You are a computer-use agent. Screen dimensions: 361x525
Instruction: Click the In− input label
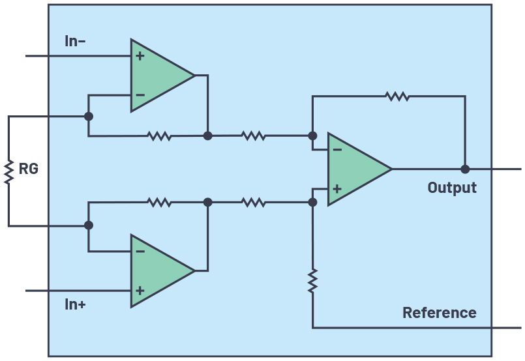coord(76,41)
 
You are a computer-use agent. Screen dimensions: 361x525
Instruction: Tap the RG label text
coord(29,170)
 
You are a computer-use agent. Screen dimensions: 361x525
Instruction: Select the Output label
coord(452,188)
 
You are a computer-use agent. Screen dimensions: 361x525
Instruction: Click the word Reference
coord(439,313)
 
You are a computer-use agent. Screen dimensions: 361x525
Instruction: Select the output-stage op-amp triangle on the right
coord(356,169)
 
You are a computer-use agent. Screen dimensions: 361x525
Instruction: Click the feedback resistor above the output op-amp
coord(397,96)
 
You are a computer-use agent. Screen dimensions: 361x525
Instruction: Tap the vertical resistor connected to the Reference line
coord(313,280)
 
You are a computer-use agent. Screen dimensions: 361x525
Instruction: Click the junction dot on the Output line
coord(465,169)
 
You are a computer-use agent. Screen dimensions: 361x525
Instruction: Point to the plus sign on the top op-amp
coord(140,56)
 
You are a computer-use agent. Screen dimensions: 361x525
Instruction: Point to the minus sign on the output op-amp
coord(337,150)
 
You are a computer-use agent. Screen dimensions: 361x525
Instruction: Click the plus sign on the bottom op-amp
coord(140,290)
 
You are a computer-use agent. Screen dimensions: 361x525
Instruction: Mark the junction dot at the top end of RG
coord(89,117)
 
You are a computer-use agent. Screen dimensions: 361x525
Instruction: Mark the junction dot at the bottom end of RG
coord(89,225)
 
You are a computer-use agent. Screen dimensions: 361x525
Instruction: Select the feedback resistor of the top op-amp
coord(159,136)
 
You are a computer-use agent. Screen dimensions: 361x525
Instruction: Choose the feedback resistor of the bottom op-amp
coord(159,203)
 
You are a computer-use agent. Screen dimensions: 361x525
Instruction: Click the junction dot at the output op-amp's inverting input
coord(313,136)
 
